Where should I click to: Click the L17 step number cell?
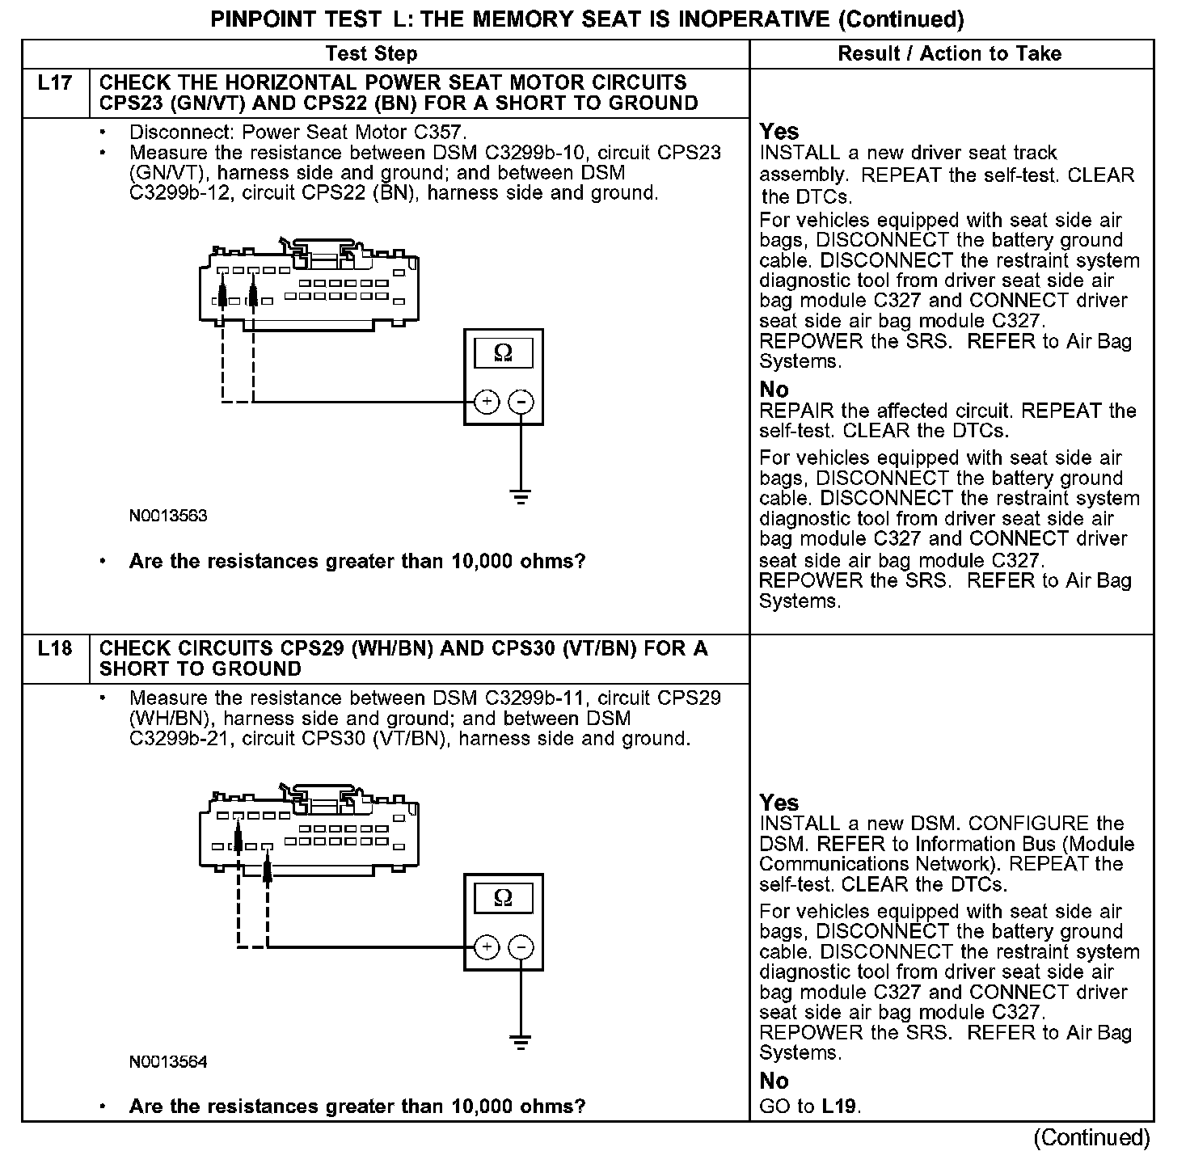pyautogui.click(x=55, y=83)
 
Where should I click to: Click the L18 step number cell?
pyautogui.click(x=55, y=649)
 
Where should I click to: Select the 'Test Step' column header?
pyautogui.click(x=371, y=54)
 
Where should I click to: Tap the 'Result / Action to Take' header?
pyautogui.click(x=950, y=54)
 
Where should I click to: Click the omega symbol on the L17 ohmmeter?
pyautogui.click(x=503, y=353)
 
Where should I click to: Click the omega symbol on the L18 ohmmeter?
pyautogui.click(x=503, y=898)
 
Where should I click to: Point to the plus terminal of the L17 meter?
pyautogui.click(x=487, y=401)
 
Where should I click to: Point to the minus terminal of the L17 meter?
pyautogui.click(x=521, y=401)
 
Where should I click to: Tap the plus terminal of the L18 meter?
pyautogui.click(x=487, y=946)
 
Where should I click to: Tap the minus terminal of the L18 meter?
pyautogui.click(x=521, y=946)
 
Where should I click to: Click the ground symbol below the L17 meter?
pyautogui.click(x=521, y=496)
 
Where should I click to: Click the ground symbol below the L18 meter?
pyautogui.click(x=521, y=1041)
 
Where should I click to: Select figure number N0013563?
pyautogui.click(x=168, y=516)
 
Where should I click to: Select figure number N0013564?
pyautogui.click(x=168, y=1061)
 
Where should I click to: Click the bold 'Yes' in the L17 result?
pyautogui.click(x=779, y=132)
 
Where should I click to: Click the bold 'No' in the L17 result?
pyautogui.click(x=774, y=390)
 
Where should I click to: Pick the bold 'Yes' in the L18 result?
pyautogui.click(x=779, y=803)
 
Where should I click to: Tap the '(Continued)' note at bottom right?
pyautogui.click(x=1091, y=1138)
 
